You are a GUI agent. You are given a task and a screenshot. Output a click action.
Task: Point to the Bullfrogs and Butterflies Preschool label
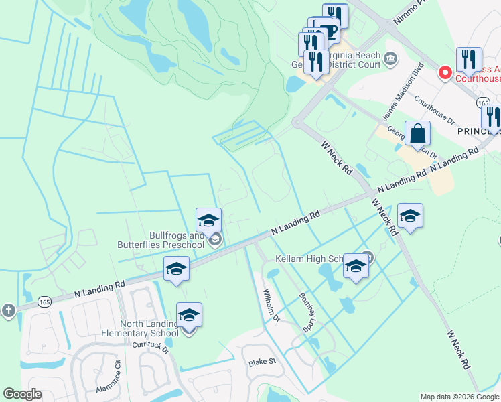coord(161,240)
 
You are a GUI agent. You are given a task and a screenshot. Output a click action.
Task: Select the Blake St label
coord(263,362)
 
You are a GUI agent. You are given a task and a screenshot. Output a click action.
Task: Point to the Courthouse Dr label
coord(434,111)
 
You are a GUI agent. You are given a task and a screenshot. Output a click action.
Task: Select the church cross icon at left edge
coord(8,310)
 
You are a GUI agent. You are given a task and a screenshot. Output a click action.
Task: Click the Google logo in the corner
coord(22,394)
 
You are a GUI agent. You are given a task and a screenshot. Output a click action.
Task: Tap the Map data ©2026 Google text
coord(459,397)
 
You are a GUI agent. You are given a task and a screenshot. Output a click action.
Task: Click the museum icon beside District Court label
coord(390,62)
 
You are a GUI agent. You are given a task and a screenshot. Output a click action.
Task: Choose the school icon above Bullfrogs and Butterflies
coord(208,220)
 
